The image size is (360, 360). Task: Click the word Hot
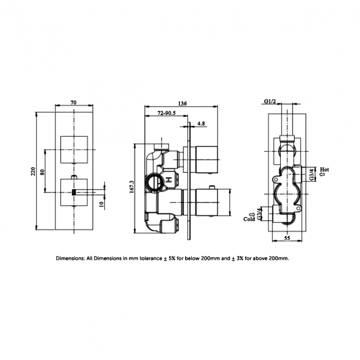tap(325, 169)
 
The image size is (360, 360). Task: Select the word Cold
tap(249, 219)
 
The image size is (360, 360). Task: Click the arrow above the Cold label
tap(250, 212)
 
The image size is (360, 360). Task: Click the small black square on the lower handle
tap(73, 193)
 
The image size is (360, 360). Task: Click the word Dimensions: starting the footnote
tap(70, 258)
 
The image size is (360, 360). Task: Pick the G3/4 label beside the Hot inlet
tap(312, 174)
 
